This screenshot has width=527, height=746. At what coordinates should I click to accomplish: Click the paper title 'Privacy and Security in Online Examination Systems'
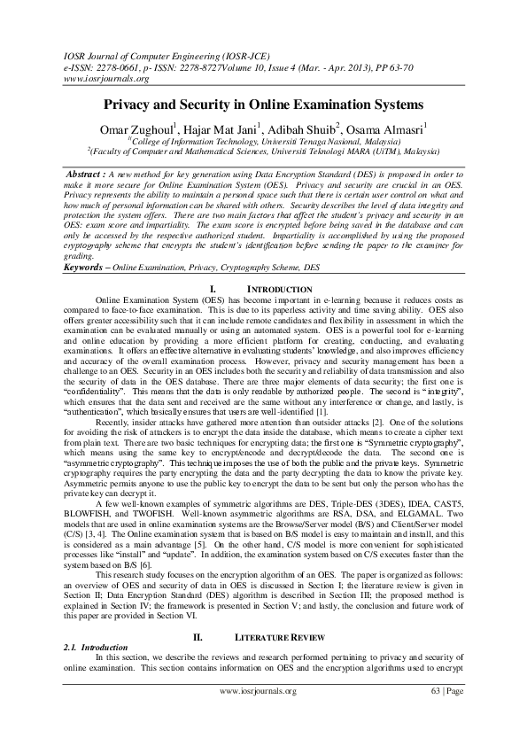click(263, 104)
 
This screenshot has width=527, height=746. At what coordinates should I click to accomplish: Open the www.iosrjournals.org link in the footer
click(258, 716)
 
